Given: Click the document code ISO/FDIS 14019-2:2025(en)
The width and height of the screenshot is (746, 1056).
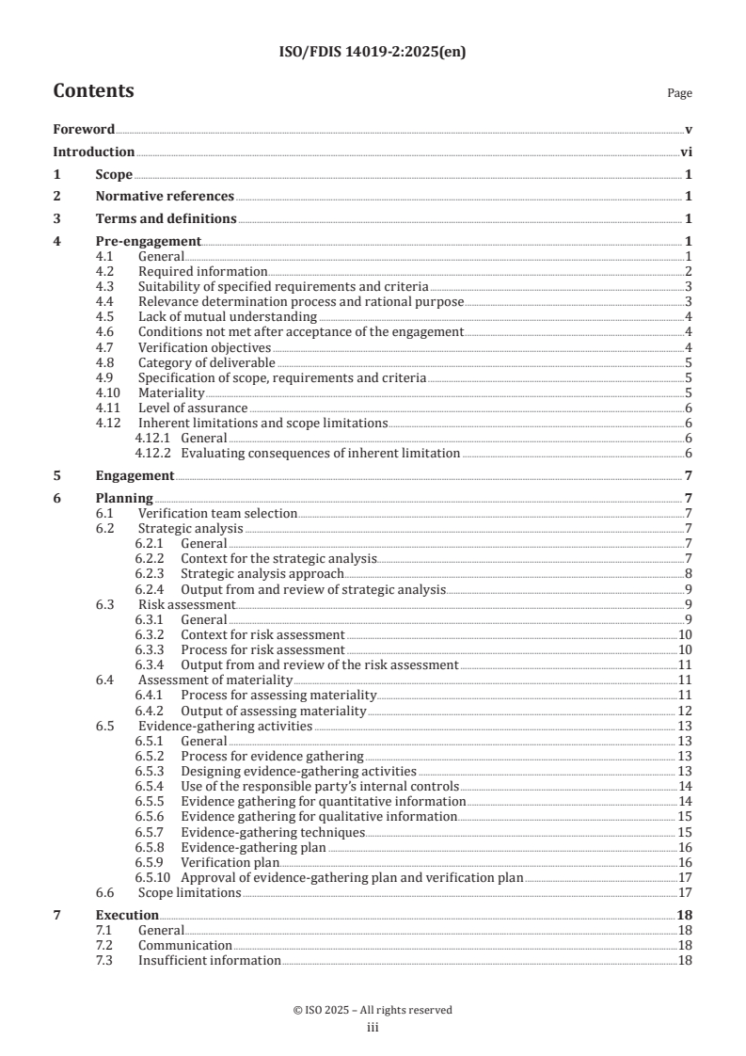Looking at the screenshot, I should click(x=373, y=53).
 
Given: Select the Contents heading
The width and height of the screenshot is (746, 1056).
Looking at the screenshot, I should click(x=93, y=91).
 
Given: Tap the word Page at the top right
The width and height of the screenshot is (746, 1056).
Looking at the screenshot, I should click(x=679, y=94).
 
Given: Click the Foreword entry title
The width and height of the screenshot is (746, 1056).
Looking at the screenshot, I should click(x=84, y=129).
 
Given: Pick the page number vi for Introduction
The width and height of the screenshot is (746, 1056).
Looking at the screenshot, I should click(x=686, y=152).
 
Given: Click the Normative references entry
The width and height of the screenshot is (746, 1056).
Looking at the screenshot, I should click(x=165, y=197).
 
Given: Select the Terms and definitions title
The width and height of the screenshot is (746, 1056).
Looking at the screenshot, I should click(x=166, y=219).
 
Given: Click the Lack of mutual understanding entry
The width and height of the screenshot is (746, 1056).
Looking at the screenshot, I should click(x=227, y=316).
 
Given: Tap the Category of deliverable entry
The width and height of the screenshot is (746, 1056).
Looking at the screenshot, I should click(x=206, y=362).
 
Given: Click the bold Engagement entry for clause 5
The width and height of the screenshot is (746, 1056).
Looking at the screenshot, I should click(x=135, y=475).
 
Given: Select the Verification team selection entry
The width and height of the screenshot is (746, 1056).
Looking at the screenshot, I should click(x=217, y=513).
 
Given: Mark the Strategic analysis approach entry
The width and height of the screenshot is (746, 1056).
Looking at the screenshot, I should click(x=262, y=573).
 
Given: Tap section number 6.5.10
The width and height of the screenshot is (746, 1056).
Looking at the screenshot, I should click(x=153, y=877).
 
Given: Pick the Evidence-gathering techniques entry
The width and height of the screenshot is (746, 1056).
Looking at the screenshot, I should click(x=272, y=832).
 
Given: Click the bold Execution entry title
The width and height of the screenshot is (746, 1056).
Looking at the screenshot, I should click(x=127, y=915).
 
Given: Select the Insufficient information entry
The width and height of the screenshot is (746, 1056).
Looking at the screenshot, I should click(x=209, y=960).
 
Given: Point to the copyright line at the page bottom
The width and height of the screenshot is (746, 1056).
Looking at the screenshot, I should click(x=373, y=1010).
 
